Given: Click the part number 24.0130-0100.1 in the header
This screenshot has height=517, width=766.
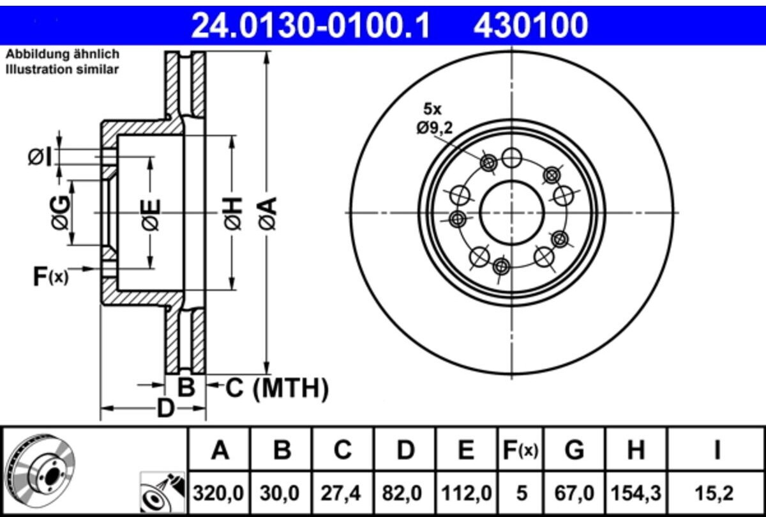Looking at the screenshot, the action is point(310,25).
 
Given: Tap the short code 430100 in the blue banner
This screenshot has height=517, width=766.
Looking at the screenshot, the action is point(530,25).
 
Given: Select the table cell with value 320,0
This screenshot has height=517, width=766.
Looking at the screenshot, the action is point(218,493).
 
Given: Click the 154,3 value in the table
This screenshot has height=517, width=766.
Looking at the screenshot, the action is point(636,493).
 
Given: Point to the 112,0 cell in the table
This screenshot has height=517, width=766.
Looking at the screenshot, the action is point(467,493).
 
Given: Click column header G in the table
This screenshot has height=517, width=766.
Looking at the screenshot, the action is point(574,450).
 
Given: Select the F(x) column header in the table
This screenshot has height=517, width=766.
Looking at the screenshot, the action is point(520,450).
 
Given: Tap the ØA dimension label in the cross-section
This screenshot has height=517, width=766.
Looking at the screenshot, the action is point(267,213).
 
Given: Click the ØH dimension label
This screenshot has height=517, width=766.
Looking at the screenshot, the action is point(233,213).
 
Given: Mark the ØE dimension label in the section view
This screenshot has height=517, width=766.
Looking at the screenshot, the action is point(151,214).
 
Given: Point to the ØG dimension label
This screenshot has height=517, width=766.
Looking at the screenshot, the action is point(61,212).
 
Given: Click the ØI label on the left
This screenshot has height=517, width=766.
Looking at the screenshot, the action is point(40,157).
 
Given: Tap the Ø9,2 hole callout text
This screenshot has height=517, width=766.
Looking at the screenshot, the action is point(434,128).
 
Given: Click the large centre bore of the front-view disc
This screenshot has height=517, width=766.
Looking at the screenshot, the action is point(511,213).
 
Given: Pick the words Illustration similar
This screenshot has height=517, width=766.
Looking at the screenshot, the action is point(63,70).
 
